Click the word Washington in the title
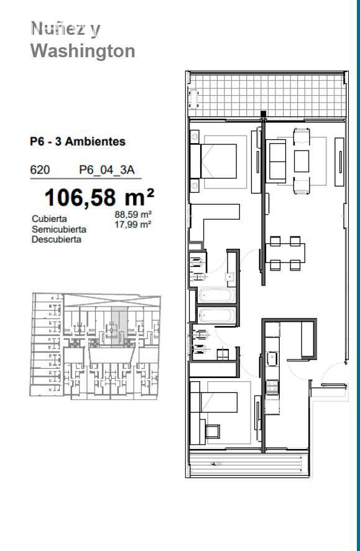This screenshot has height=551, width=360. [x=83, y=51]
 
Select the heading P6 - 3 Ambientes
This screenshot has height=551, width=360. [x=78, y=142]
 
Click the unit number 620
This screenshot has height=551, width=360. [x=40, y=170]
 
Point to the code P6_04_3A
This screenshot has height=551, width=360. [x=107, y=170]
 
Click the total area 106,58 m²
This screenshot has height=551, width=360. [x=99, y=197]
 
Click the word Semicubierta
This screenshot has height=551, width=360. [x=59, y=229]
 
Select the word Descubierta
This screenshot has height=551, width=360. [x=57, y=239]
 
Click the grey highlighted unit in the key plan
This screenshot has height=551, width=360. [x=119, y=326]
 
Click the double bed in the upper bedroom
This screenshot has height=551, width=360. [x=213, y=161]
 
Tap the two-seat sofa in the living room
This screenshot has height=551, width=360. [x=275, y=161]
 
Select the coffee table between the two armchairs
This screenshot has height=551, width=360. [x=302, y=161]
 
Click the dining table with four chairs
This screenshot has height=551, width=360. [x=285, y=253]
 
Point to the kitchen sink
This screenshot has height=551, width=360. [x=271, y=359]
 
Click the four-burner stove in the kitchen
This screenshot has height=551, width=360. [x=272, y=387]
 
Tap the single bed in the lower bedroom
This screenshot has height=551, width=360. [x=213, y=402]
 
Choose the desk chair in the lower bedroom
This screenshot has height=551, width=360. [x=213, y=431]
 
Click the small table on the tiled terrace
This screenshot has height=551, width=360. [x=194, y=99]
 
